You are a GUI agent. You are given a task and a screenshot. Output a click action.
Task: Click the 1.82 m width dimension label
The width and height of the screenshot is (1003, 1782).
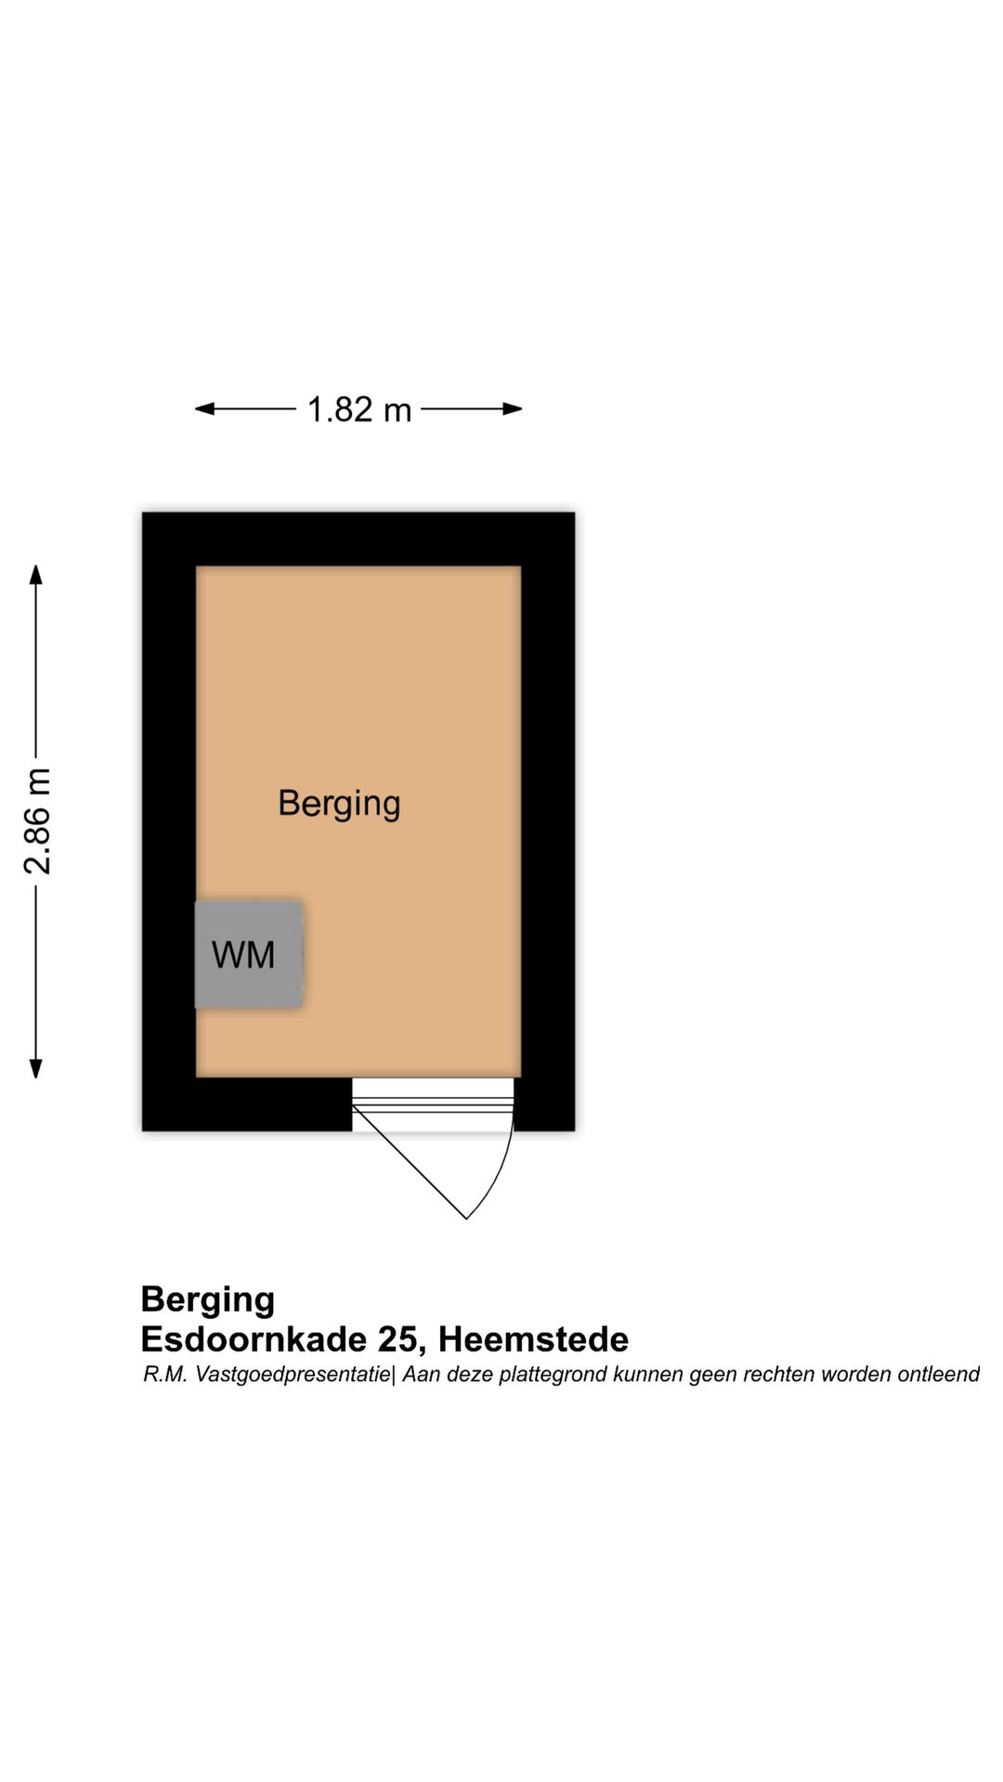pyautogui.click(x=358, y=409)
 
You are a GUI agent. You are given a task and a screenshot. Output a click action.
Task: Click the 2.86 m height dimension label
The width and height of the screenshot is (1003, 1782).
pyautogui.click(x=38, y=821)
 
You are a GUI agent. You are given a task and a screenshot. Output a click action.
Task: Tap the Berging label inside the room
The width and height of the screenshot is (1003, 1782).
pyautogui.click(x=339, y=804)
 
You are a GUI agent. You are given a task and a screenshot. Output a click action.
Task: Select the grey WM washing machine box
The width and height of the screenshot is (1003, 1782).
pyautogui.click(x=249, y=954)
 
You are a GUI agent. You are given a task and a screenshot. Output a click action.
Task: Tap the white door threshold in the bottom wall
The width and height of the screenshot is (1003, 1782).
pyautogui.click(x=433, y=1104)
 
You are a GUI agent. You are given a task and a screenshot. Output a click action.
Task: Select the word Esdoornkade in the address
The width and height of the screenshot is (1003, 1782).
pyautogui.click(x=254, y=1339)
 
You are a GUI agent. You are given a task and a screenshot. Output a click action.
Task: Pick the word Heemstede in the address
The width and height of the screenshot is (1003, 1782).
pyautogui.click(x=533, y=1339)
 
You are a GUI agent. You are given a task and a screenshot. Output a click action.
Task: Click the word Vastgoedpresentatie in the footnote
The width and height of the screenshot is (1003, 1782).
pyautogui.click(x=293, y=1375)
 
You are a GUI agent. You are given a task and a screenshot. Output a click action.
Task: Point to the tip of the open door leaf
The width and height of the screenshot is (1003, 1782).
pyautogui.click(x=465, y=1219)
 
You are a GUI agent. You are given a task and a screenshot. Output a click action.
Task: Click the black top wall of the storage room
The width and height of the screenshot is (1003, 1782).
pyautogui.click(x=358, y=539)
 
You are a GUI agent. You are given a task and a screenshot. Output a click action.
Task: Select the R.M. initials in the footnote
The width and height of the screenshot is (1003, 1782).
pyautogui.click(x=165, y=1375)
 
